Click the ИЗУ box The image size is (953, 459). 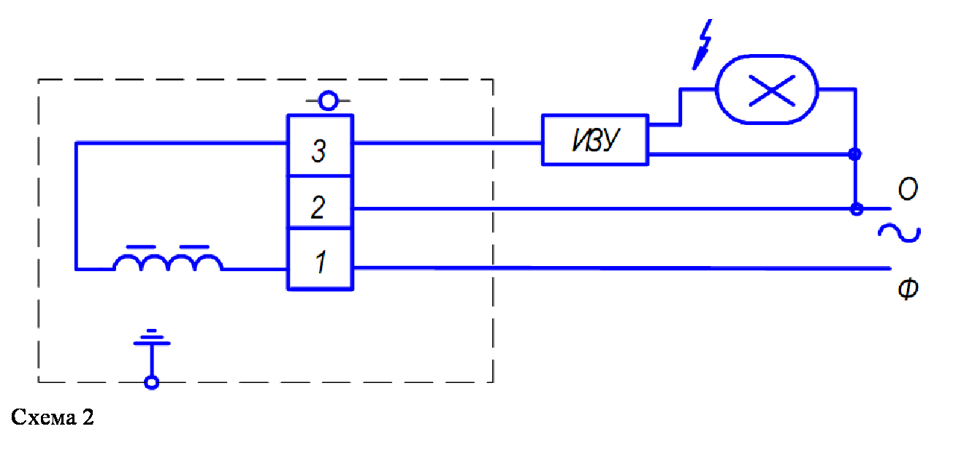(x=594, y=139)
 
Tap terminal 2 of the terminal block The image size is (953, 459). (x=319, y=208)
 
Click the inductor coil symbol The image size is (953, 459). (x=168, y=260)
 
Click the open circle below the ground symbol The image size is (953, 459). (x=151, y=382)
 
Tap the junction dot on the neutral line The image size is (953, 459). (x=857, y=209)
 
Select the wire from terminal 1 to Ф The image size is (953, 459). (x=621, y=268)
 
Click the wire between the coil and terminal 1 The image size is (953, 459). (x=254, y=269)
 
